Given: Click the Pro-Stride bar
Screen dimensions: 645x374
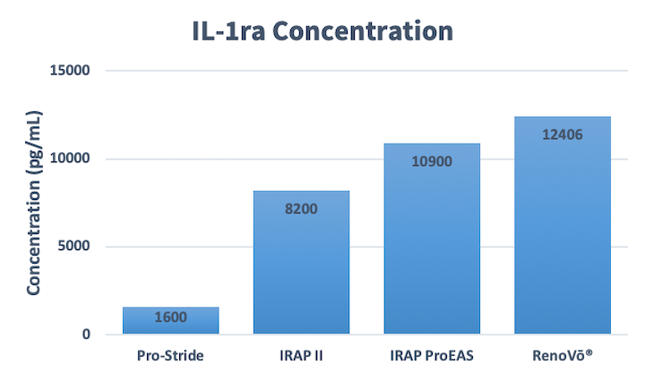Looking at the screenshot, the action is [171, 320].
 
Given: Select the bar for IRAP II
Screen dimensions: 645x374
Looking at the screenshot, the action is [301, 262].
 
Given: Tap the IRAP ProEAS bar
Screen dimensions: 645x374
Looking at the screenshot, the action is [432, 239].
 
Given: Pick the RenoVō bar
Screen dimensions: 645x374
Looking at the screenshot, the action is [563, 225].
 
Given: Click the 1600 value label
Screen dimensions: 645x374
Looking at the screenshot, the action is [171, 317].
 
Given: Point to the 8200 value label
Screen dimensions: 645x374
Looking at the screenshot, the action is [301, 209].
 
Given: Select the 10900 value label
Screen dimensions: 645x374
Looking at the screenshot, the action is [432, 161].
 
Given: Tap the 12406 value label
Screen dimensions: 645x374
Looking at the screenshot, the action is [563, 135].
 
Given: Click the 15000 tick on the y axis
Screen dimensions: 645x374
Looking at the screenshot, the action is [70, 71].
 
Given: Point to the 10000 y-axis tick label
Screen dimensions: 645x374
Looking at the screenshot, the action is [70, 158].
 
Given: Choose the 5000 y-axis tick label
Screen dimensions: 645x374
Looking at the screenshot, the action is [73, 246].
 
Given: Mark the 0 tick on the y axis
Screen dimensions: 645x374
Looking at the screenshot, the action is [86, 334].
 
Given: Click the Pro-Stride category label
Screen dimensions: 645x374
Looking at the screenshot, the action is [170, 355].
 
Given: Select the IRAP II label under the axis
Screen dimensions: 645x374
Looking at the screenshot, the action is [301, 355].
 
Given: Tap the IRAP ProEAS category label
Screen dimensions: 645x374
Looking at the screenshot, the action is [432, 355].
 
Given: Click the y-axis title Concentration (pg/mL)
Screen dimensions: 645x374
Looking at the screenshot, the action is [34, 203].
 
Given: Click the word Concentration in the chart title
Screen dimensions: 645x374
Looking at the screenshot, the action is [363, 31].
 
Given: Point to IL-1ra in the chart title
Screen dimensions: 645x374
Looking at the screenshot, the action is [228, 31].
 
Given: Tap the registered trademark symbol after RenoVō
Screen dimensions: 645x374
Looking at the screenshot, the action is [589, 352].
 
